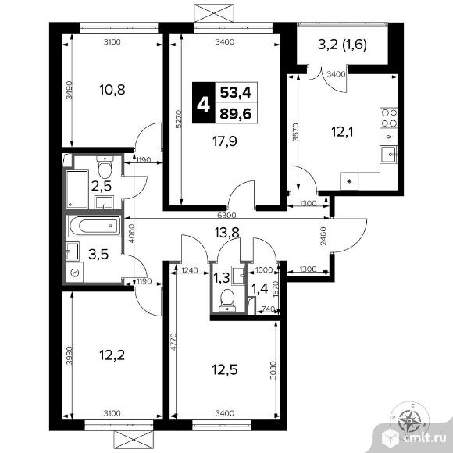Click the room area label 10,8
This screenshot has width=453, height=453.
pos(101,89)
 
